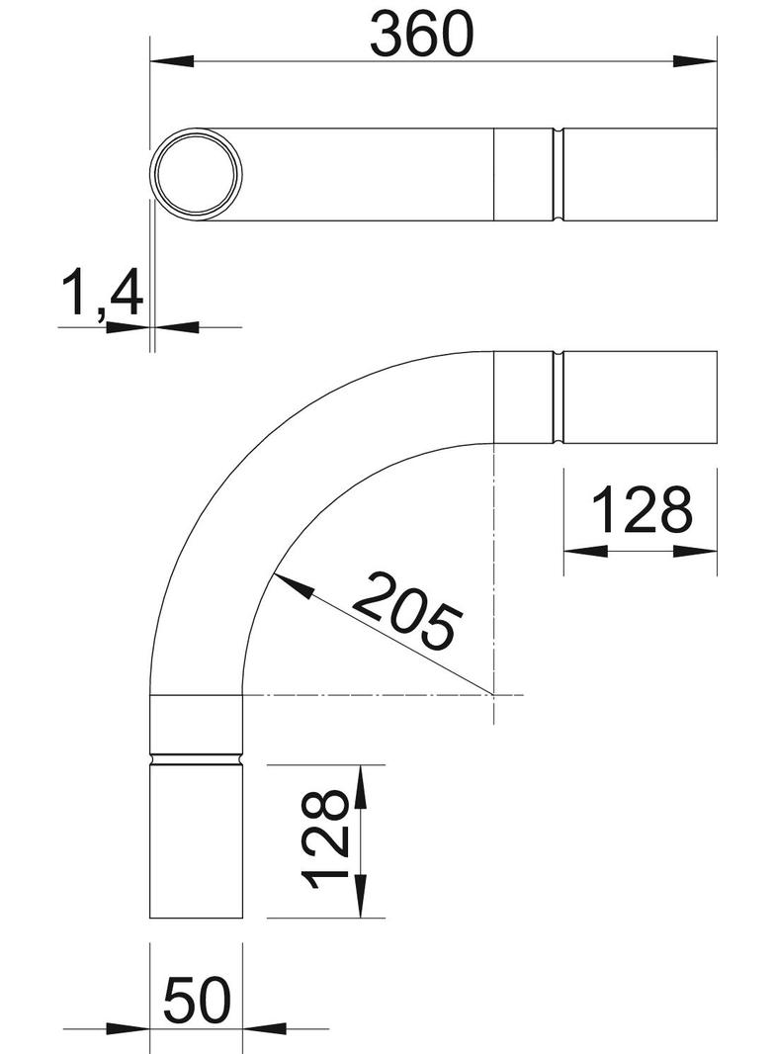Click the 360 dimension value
click(422, 34)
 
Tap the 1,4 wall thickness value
click(103, 296)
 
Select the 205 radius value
click(407, 612)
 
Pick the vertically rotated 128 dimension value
click(325, 840)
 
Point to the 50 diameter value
click(197, 1001)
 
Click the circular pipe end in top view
click(196, 173)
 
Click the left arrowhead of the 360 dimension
click(172, 61)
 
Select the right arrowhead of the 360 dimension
click(694, 61)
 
